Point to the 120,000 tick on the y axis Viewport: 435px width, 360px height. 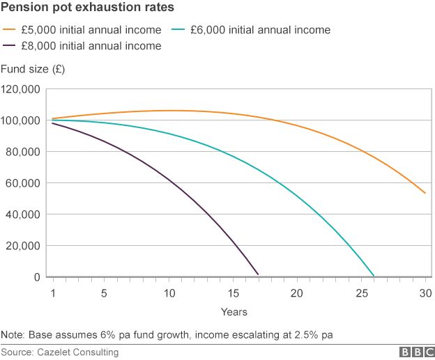(x=21, y=89)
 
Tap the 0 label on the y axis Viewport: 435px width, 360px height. (x=37, y=277)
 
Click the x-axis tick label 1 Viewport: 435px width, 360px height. (x=52, y=292)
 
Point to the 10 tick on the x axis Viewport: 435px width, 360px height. (x=168, y=292)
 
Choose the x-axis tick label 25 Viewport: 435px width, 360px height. (x=361, y=292)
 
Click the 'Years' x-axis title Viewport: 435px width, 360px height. (x=234, y=311)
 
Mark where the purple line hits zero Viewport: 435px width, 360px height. (x=258, y=275)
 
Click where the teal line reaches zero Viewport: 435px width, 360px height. (x=374, y=276)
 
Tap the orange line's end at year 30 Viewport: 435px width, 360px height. (x=425, y=194)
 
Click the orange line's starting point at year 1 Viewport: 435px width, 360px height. (x=52, y=118)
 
